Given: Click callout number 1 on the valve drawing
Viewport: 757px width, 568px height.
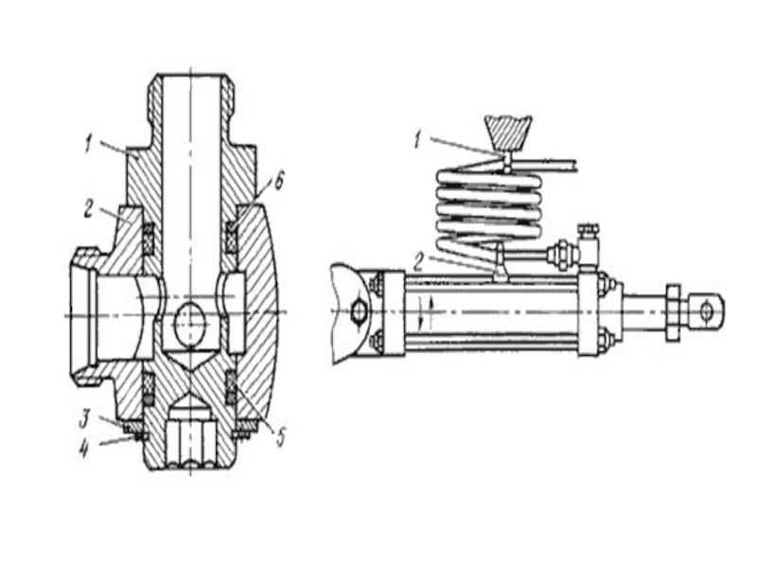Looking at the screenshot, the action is [88, 145].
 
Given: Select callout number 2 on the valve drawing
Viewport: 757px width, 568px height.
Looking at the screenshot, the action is [88, 207].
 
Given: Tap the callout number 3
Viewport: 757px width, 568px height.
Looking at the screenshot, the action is [84, 418].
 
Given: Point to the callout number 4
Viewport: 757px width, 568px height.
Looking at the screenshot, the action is [84, 451].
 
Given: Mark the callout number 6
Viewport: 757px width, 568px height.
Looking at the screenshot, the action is [278, 183].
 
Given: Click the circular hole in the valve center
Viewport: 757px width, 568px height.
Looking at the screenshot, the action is [190, 320].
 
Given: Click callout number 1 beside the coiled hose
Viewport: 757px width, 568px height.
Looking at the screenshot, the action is [418, 140].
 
